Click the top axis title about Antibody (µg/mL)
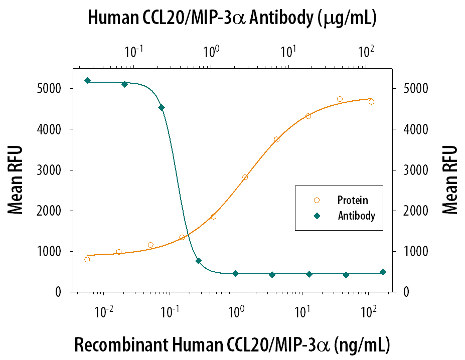(232, 19)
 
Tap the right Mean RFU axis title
(450, 179)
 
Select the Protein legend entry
(352, 200)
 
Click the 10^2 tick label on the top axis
(367, 51)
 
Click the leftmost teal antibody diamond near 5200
(87, 81)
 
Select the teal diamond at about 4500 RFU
(162, 107)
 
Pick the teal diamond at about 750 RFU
(198, 261)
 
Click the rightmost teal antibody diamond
(383, 272)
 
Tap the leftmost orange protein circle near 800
(87, 260)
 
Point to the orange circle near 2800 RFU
(245, 177)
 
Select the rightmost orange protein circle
(371, 102)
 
